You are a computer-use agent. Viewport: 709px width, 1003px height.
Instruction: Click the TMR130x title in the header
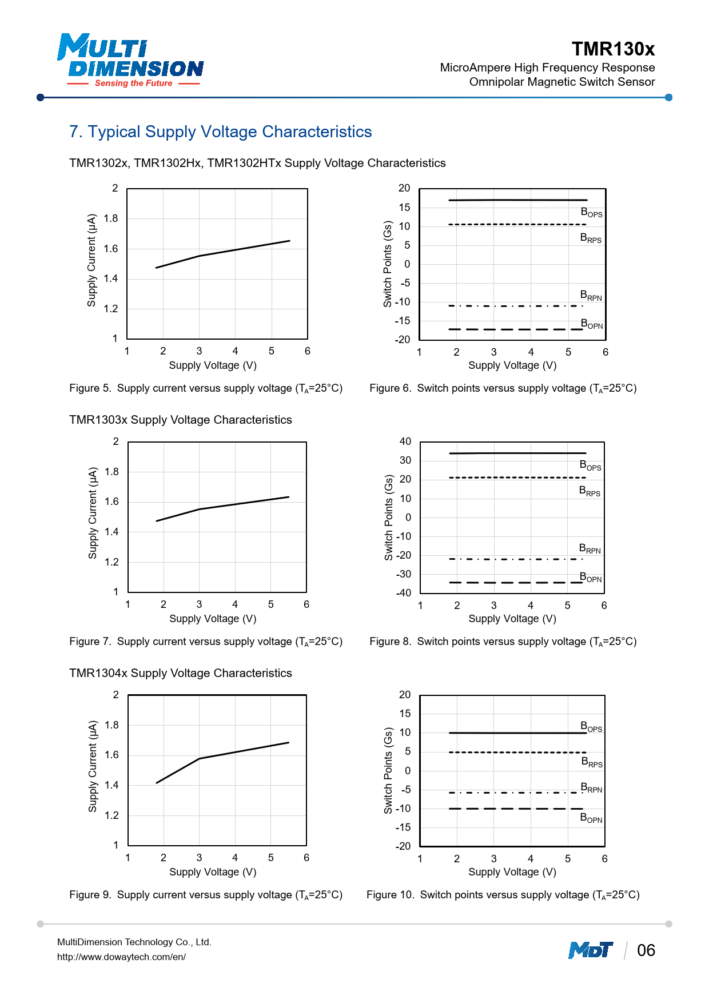click(613, 49)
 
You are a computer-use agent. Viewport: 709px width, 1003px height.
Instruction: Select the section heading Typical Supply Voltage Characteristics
click(221, 132)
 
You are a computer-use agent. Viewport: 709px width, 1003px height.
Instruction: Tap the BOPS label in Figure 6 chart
click(591, 213)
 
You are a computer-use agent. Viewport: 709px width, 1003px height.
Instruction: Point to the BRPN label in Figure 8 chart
click(590, 549)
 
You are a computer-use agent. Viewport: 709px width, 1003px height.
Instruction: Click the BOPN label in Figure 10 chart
click(591, 818)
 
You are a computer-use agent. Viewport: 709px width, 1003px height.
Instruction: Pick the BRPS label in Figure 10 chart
click(592, 762)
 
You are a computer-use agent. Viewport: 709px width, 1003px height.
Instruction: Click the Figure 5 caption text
click(206, 388)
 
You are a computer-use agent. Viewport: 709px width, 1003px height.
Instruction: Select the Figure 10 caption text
click(503, 895)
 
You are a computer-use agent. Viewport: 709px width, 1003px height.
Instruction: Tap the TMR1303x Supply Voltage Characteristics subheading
click(181, 420)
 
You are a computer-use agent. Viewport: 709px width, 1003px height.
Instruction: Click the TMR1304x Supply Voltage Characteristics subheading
click(181, 673)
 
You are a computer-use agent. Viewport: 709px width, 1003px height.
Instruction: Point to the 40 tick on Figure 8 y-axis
click(405, 441)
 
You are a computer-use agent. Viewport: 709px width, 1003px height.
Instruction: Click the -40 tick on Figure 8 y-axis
click(404, 593)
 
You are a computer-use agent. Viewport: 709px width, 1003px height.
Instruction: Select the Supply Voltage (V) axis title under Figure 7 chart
click(213, 619)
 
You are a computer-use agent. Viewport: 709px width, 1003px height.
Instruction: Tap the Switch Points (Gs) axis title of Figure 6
click(388, 264)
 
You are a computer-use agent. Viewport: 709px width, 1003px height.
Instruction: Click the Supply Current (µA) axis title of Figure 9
click(93, 766)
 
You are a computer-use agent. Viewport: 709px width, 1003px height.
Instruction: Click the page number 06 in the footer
click(646, 950)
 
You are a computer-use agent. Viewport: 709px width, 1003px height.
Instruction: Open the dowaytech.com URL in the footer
click(121, 957)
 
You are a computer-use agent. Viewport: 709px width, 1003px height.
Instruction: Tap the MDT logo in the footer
click(590, 950)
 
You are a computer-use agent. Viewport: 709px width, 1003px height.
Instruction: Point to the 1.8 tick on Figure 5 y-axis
click(111, 218)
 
